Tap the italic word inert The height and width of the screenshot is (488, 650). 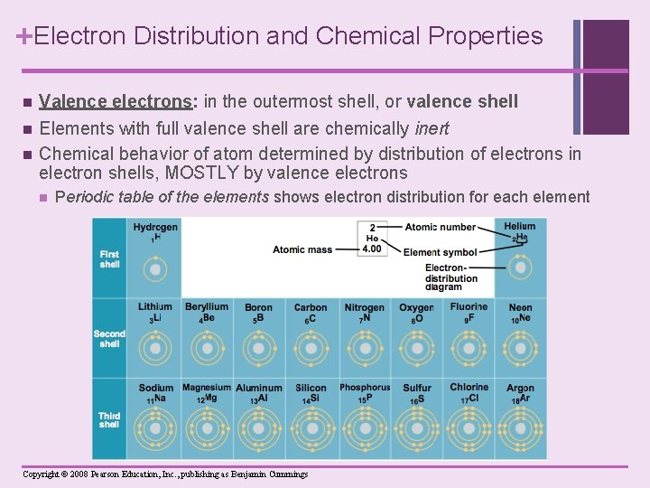point(431,128)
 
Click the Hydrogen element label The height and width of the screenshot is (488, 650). point(155,227)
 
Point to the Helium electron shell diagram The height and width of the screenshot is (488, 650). point(520,268)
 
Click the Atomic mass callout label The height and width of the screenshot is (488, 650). point(302,249)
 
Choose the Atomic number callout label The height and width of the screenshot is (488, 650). point(441,227)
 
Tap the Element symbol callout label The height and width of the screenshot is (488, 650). point(441,252)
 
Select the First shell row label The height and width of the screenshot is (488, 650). point(109,259)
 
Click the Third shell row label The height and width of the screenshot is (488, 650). point(109,420)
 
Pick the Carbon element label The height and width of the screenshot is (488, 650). point(311,308)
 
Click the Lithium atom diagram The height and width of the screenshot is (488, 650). point(155,348)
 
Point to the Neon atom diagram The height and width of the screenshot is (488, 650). point(520,348)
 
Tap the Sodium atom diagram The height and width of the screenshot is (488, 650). point(155,427)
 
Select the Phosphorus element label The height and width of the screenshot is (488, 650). point(365,389)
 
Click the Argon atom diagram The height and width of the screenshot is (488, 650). point(520,427)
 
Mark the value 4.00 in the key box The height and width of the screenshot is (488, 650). point(372,249)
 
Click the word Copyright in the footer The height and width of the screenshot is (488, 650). point(42,474)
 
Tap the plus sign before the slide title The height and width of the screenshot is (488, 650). point(24,35)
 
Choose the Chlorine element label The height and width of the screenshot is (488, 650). point(469,388)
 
